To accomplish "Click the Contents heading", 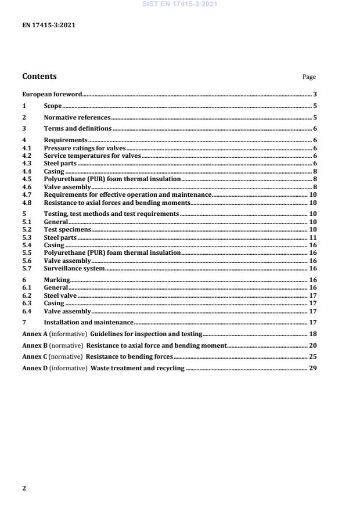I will (39, 76).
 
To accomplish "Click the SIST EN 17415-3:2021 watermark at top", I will (179, 5).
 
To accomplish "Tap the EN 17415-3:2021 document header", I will (48, 26).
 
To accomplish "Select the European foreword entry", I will (52, 94).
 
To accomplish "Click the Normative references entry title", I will (77, 117).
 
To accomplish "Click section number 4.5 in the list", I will (26, 179).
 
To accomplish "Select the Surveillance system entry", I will (74, 268).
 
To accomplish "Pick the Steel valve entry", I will (60, 295).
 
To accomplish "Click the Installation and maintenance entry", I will (89, 322).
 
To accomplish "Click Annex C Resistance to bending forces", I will (97, 357).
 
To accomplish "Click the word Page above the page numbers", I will (309, 77).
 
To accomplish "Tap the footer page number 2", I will (24, 488).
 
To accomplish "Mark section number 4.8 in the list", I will (26, 203).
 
